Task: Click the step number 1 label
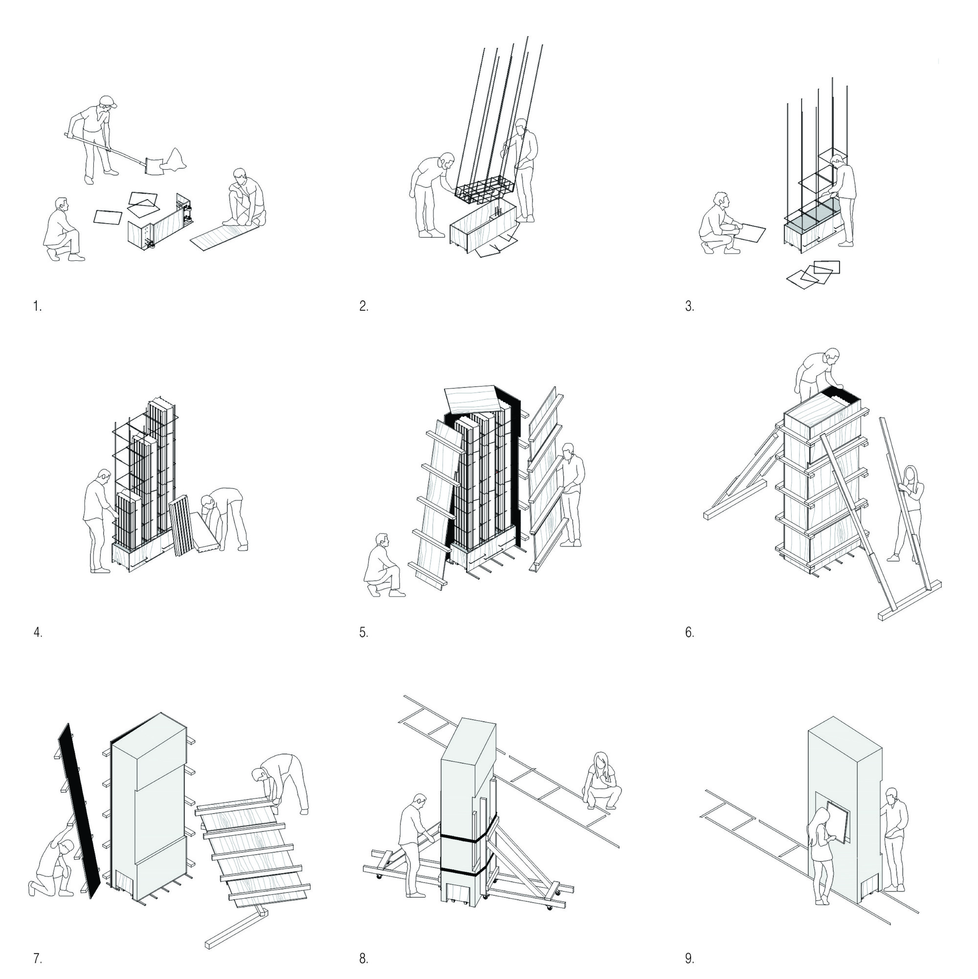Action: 37,306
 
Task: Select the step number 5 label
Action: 364,633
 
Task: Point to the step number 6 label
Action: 689,633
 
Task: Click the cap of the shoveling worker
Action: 109,101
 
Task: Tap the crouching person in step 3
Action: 719,223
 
